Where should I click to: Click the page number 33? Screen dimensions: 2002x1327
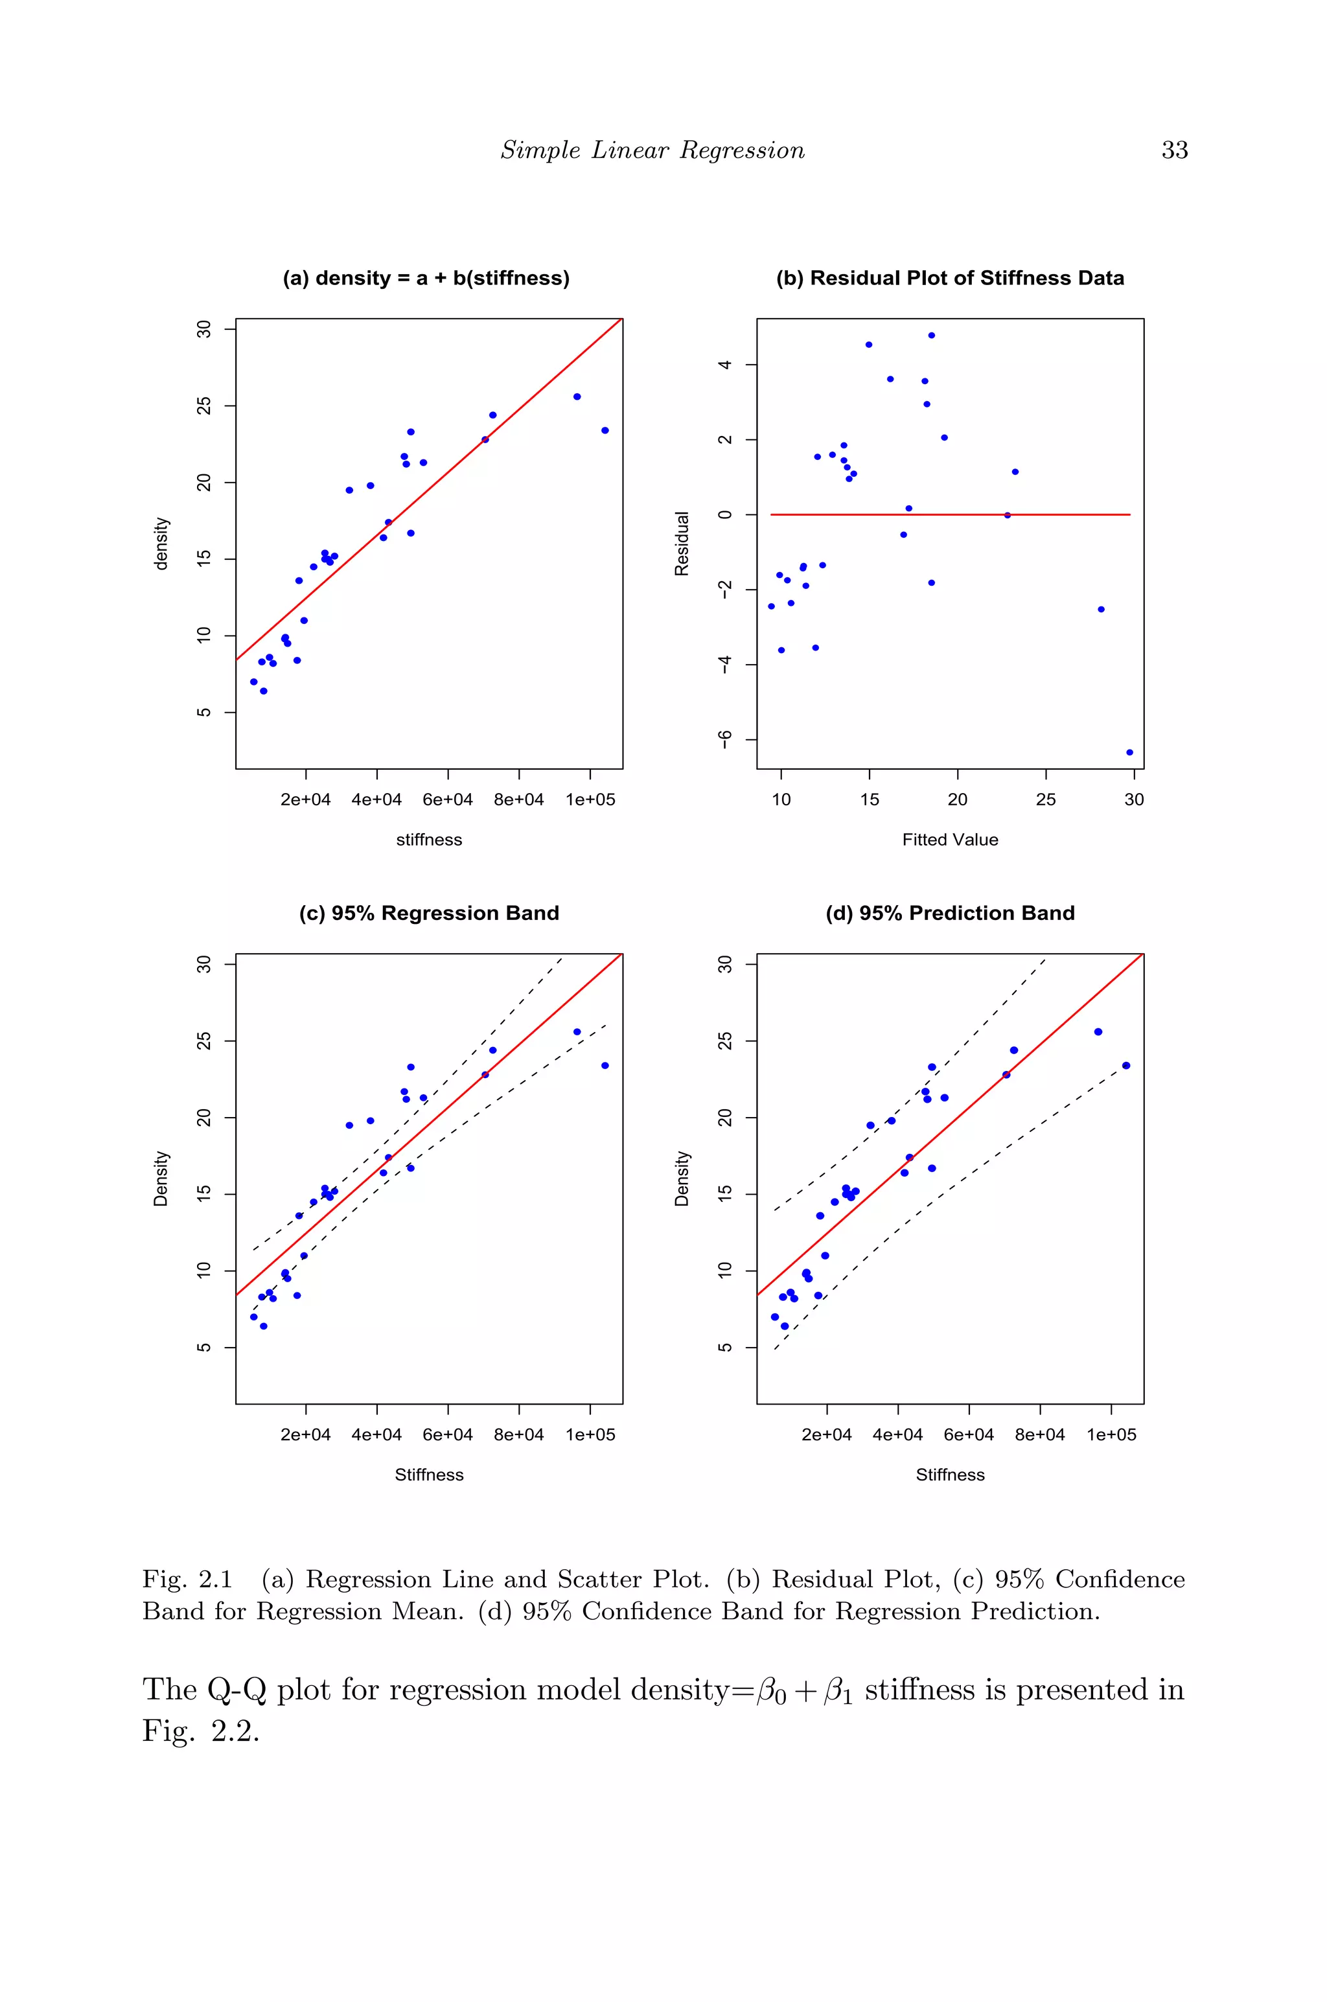[x=1174, y=150]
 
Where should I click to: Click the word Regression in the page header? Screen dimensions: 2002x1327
[x=741, y=150]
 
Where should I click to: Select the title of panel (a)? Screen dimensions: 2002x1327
[x=426, y=279]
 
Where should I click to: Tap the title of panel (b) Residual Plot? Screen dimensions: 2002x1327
[x=949, y=279]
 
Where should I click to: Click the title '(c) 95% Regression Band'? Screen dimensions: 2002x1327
[x=428, y=913]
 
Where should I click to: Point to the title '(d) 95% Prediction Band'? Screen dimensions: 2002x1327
[x=949, y=913]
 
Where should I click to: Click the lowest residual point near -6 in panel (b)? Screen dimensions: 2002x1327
[x=1129, y=752]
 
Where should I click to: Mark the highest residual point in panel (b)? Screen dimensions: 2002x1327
[x=931, y=335]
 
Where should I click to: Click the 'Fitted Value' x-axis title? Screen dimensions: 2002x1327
[x=949, y=840]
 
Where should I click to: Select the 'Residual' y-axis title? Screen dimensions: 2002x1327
[x=681, y=543]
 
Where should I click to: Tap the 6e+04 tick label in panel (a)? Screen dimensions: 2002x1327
[x=448, y=800]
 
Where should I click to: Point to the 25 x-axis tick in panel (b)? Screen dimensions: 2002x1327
[x=1045, y=800]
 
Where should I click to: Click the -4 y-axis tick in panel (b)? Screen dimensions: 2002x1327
[x=724, y=664]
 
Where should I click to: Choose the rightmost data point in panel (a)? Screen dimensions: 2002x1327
[x=605, y=430]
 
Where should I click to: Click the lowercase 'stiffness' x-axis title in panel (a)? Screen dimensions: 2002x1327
[x=428, y=840]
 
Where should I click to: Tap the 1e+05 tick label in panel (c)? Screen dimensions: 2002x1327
[x=590, y=1434]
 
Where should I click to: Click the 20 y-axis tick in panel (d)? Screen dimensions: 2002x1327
[x=724, y=1117]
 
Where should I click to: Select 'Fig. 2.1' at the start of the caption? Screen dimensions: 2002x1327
[x=187, y=1579]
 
